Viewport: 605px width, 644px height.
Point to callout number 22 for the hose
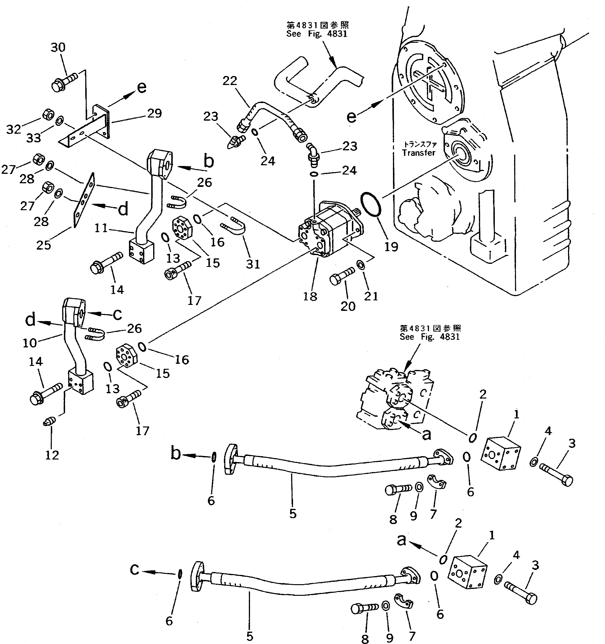[230, 81]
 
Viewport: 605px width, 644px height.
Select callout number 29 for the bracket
[154, 113]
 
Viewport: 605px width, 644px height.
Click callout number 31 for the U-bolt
[253, 264]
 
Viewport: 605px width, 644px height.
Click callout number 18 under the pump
[310, 296]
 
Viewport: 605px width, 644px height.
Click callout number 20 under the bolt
[348, 306]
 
